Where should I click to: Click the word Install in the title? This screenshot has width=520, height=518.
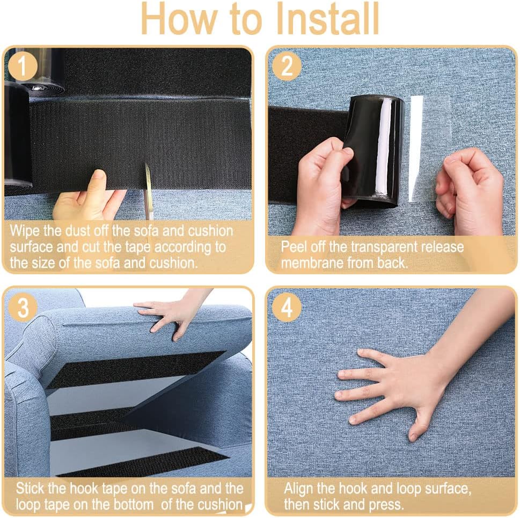[x=328, y=19]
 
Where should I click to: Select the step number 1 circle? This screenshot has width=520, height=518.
[x=22, y=66]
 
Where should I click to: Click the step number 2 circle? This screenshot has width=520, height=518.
[x=287, y=66]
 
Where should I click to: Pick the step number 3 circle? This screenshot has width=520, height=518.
[x=23, y=307]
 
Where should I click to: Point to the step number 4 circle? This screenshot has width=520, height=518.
[x=287, y=307]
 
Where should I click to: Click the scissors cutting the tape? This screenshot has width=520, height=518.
[x=147, y=191]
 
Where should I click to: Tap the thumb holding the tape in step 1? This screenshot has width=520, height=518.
[x=98, y=181]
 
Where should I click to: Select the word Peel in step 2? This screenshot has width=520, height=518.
[x=295, y=247]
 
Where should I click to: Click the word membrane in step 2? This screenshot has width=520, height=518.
[x=312, y=263]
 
